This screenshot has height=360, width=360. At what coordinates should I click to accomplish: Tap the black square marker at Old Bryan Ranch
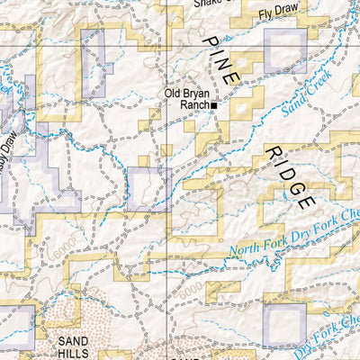pos(214,105)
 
